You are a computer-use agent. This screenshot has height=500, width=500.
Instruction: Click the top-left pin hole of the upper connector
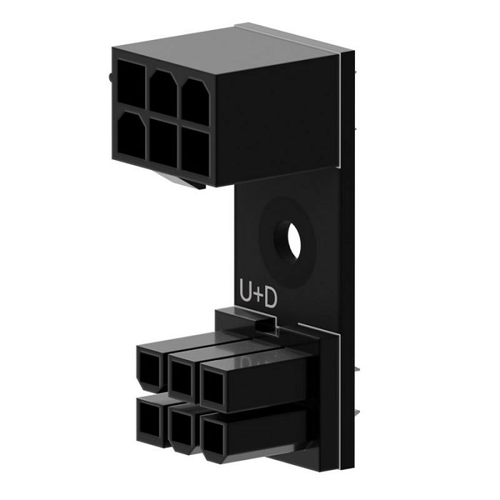point(130,83)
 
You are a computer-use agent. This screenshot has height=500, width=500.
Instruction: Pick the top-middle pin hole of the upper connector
point(162,89)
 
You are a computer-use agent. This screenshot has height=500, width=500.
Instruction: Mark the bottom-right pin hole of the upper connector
point(195,151)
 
